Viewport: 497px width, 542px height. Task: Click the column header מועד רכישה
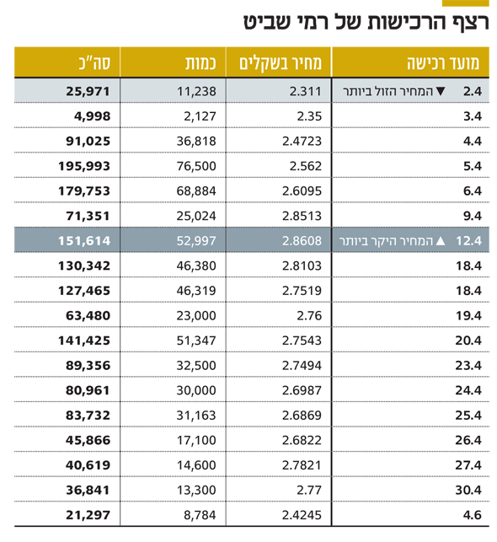pos(443,63)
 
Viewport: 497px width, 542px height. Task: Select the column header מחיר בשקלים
pos(281,63)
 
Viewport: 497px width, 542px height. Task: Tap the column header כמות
pos(200,63)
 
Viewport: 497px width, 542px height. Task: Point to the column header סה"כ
pos(94,63)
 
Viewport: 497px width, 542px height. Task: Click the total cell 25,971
pos(88,91)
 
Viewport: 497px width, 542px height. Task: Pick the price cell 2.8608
pos(302,240)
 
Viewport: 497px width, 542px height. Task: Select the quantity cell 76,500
pos(196,166)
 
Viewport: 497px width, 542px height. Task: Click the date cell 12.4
pos(468,240)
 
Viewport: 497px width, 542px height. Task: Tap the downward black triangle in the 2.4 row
pos(441,91)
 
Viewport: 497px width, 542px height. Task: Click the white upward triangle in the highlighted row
pos(441,240)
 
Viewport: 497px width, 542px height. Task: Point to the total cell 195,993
pos(84,166)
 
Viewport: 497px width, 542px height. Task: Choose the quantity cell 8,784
pos(200,515)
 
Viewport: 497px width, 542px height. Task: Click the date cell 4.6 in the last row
pos(472,515)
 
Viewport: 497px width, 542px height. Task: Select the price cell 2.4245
pos(302,515)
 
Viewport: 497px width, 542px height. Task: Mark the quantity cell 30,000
pos(196,390)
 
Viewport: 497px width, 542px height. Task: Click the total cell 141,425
pos(84,341)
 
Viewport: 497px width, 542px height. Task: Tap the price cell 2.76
pos(309,315)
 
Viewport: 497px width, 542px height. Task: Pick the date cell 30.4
pos(468,490)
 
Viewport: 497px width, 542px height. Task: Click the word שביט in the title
pos(266,23)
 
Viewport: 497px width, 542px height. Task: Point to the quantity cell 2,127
pos(200,116)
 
